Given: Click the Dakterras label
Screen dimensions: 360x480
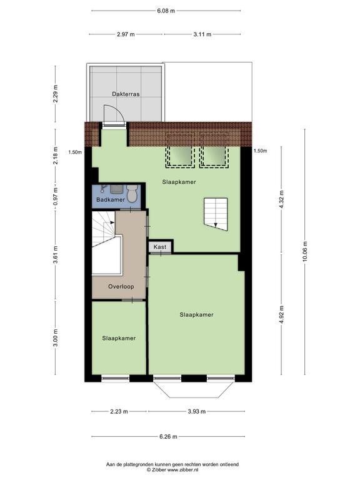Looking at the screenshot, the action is click(x=126, y=94).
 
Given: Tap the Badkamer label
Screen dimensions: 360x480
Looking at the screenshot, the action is click(x=111, y=199).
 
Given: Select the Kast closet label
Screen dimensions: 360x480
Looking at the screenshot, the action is click(x=160, y=247).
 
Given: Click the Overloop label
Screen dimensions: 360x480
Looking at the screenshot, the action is click(x=121, y=286).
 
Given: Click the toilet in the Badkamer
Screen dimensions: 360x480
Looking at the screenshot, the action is click(x=132, y=193).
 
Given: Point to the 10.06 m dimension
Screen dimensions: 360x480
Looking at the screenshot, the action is click(x=305, y=252).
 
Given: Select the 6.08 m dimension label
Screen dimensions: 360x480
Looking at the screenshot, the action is click(x=166, y=11).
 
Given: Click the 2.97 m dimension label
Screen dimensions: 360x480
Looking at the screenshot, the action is click(x=126, y=34).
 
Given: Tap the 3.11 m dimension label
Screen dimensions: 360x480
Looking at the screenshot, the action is click(x=202, y=34).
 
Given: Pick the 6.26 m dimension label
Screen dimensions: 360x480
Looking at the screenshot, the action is click(x=168, y=436).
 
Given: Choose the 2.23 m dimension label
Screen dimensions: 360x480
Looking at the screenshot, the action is click(x=119, y=411).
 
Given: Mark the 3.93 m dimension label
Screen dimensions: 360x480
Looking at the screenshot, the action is click(x=196, y=411).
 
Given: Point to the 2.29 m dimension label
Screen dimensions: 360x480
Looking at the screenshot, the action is click(x=56, y=94).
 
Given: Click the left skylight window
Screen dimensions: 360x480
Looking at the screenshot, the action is click(x=180, y=157).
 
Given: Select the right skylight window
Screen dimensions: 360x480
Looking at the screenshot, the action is click(x=214, y=157).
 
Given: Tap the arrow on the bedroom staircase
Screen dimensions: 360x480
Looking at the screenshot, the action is click(x=216, y=225).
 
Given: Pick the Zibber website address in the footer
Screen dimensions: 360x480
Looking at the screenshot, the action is click(x=182, y=469).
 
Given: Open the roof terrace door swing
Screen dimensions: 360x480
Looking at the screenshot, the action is click(x=114, y=115).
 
